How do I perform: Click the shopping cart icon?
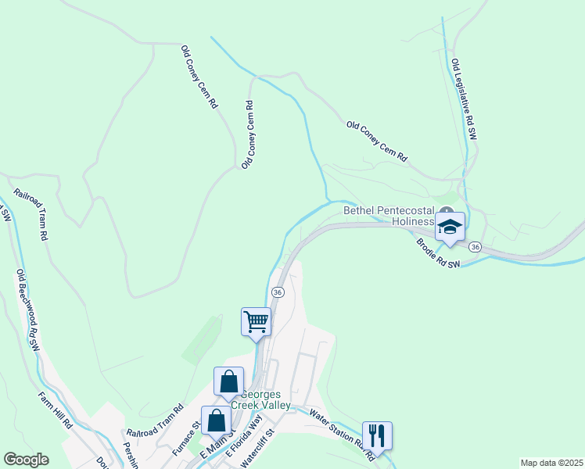click(x=257, y=321)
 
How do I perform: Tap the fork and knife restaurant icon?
click(x=377, y=435)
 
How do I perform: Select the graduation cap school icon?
click(x=450, y=227)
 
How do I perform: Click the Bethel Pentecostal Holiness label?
click(x=389, y=216)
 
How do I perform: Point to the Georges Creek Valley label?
click(x=266, y=400)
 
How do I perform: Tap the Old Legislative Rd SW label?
click(x=464, y=98)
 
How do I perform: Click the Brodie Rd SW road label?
click(x=438, y=255)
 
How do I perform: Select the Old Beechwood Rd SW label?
click(x=27, y=310)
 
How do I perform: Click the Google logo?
click(x=26, y=460)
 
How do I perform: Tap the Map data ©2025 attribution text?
click(x=551, y=463)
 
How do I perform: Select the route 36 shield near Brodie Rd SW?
click(x=475, y=247)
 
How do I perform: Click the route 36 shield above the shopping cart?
click(x=277, y=292)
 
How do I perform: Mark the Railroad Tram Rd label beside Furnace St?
click(x=155, y=421)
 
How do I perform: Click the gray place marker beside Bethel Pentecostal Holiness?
click(x=446, y=211)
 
